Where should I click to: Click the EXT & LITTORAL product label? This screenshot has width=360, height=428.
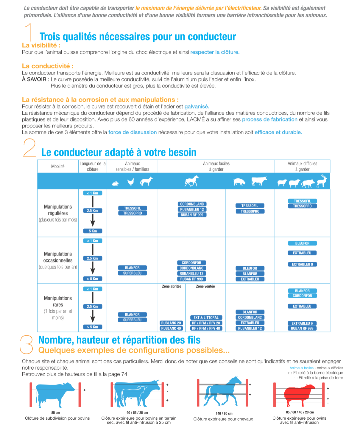pos(206,318)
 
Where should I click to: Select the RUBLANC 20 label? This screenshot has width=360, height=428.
pos(171,323)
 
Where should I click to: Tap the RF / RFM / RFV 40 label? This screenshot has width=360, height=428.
pos(206,328)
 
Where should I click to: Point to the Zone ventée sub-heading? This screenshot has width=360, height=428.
pos(205,286)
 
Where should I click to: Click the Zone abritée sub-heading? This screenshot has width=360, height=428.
pos(172,286)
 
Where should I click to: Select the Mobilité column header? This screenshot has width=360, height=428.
pos(58,166)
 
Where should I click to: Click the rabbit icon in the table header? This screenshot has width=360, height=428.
pos(115,183)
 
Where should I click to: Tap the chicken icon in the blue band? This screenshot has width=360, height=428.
pos(131,182)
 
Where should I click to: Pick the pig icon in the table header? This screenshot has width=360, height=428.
pos(239,182)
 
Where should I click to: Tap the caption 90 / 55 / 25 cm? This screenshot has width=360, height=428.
pos(137,413)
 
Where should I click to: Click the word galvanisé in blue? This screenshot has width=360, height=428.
pos(197,107)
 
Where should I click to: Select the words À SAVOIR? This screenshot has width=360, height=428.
pos(34,79)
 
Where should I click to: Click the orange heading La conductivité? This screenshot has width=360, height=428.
pos(48,66)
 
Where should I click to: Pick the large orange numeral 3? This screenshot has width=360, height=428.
pos(27,344)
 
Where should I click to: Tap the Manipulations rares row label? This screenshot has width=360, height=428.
pos(58,301)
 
